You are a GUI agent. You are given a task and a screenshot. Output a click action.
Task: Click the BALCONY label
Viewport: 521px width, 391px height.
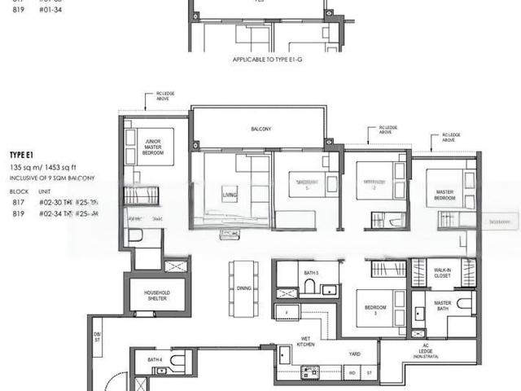(x=260, y=129)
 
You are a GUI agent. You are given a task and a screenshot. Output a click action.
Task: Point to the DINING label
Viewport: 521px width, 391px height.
(x=243, y=288)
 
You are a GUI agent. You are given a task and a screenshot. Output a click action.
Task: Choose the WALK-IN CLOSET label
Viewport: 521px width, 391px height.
(x=443, y=273)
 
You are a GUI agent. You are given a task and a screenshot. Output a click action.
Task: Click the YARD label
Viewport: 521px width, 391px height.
(x=353, y=354)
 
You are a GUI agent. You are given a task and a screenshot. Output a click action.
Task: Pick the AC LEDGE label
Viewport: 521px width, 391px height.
(x=423, y=353)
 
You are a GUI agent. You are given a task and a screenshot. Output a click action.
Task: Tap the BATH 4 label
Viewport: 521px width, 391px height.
(x=155, y=359)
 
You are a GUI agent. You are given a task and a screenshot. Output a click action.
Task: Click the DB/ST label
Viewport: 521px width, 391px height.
(x=97, y=336)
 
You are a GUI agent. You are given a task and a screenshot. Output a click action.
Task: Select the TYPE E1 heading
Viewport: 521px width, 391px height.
(x=21, y=155)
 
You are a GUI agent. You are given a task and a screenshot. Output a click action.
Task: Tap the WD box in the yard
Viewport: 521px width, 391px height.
(x=352, y=373)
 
